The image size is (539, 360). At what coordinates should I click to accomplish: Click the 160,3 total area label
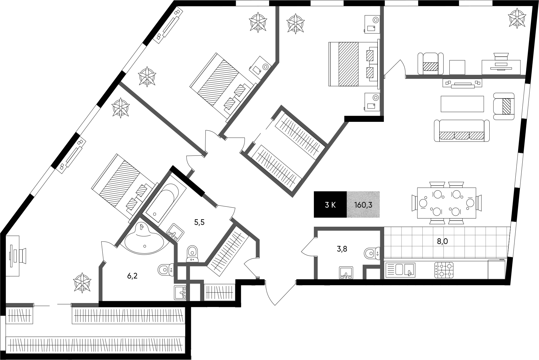[x=363, y=205]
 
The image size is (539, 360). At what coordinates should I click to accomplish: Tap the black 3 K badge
[x=330, y=205]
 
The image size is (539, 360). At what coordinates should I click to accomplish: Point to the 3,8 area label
[x=342, y=249]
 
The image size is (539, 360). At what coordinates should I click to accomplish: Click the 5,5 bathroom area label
[x=199, y=223]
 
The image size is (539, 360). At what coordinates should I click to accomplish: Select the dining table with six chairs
[x=447, y=203]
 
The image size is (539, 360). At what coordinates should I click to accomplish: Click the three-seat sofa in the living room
[x=462, y=131]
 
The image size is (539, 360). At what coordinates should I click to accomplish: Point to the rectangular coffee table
[x=462, y=104]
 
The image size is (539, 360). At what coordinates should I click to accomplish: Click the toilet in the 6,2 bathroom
[x=165, y=269]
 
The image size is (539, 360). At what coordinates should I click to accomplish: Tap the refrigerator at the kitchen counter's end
[x=496, y=269]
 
